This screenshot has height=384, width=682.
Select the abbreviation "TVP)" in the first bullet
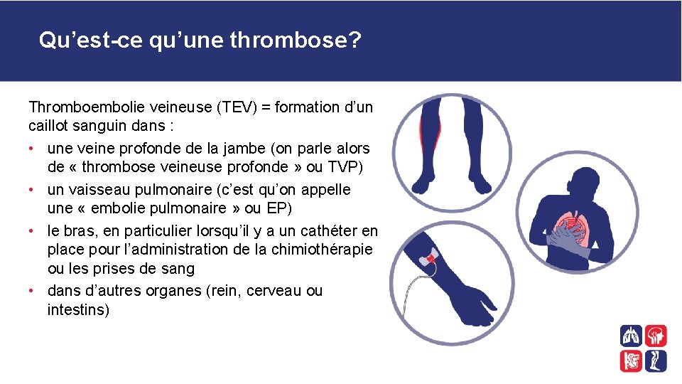pyautogui.click(x=350, y=167)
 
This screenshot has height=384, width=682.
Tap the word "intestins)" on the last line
pyautogui.click(x=78, y=310)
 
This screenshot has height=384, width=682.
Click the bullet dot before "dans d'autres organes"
pyautogui.click(x=33, y=292)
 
